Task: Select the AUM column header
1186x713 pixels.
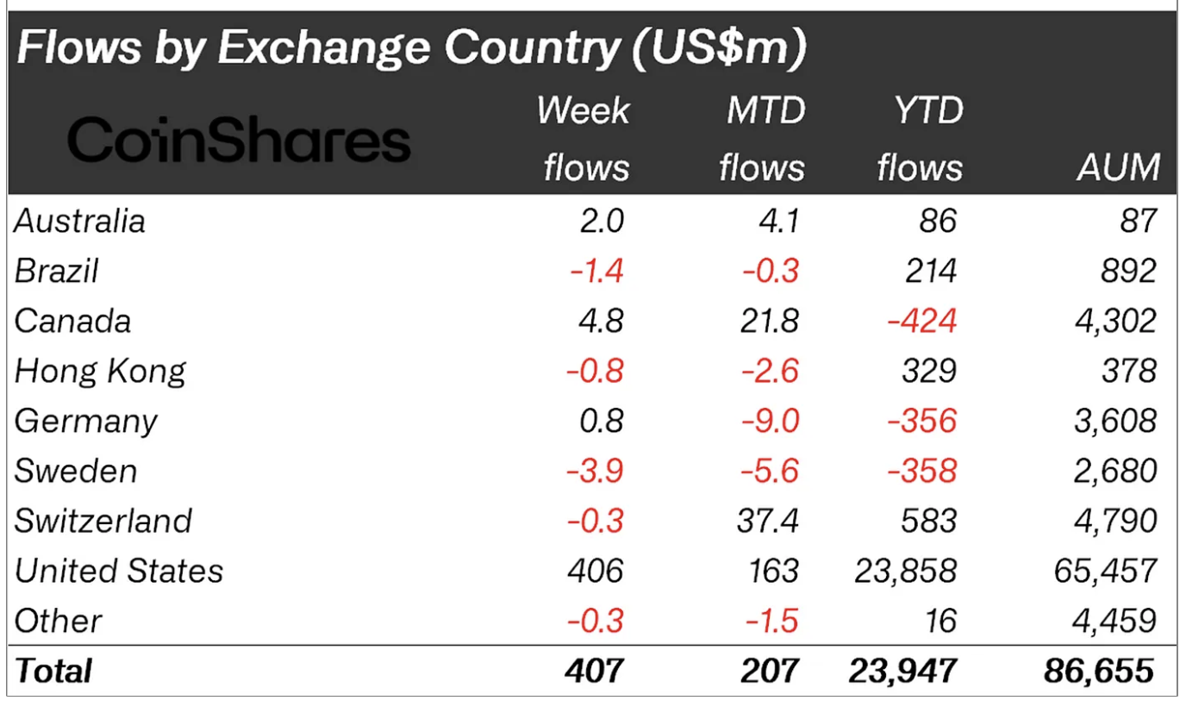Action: (x=1118, y=167)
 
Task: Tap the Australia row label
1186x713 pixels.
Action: (x=79, y=221)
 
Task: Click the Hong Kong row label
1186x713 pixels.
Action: (x=100, y=371)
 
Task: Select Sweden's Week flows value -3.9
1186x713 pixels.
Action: (x=594, y=471)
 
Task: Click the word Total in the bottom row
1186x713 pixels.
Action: (x=53, y=671)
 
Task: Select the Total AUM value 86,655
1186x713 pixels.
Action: (x=1098, y=671)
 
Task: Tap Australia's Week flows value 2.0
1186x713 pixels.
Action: (x=600, y=221)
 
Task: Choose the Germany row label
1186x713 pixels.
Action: (x=86, y=421)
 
